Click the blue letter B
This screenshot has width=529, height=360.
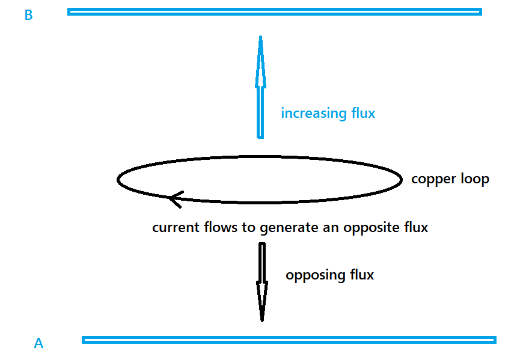click(28, 16)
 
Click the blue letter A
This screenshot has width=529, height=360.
click(38, 344)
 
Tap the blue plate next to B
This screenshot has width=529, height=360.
click(274, 11)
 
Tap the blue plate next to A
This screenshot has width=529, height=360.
click(289, 340)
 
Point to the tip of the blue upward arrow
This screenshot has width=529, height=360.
click(260, 37)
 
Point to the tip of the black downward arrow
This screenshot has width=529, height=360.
click(262, 320)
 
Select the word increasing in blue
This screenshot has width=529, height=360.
click(313, 113)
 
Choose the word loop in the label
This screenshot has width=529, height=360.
click(475, 179)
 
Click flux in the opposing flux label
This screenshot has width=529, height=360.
click(361, 275)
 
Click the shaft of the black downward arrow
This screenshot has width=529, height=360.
click(262, 261)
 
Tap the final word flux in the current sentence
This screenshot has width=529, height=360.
click(415, 228)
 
